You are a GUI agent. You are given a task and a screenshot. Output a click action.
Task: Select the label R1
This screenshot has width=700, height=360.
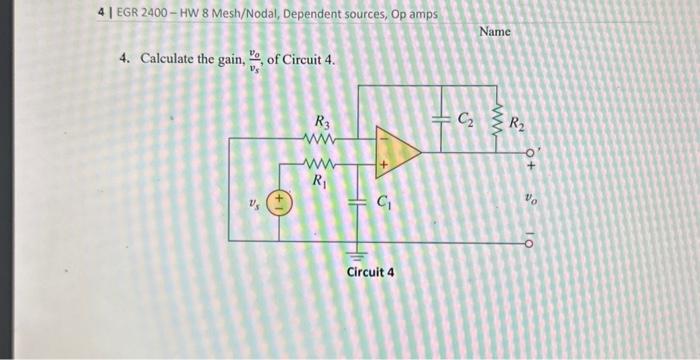coord(318,182)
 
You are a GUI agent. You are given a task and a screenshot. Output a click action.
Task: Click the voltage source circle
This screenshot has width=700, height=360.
coord(279,204)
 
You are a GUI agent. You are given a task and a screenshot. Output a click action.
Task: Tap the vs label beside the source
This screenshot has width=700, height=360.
coord(254,205)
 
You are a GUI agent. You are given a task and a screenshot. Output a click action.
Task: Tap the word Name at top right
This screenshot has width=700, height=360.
coord(494,32)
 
